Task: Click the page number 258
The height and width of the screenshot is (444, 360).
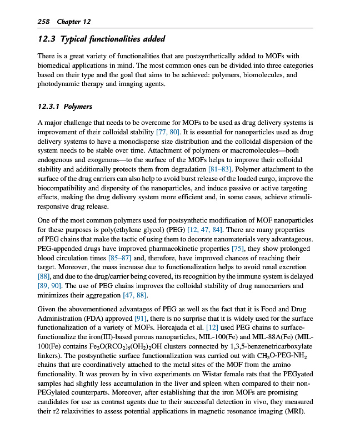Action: point(43,21)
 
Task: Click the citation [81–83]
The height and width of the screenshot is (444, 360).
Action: point(234,169)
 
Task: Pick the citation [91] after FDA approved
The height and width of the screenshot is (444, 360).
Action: point(143,318)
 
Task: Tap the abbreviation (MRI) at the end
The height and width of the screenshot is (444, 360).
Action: point(301,398)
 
